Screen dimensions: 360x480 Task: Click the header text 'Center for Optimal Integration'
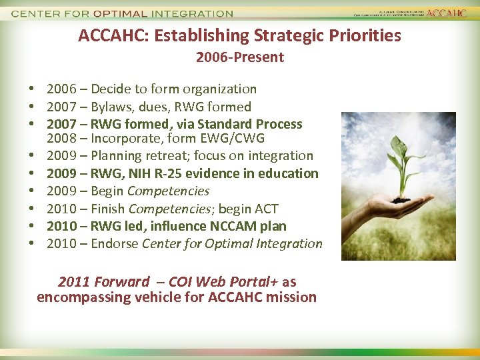tap(123, 13)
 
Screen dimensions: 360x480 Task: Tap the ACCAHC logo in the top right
tap(446, 13)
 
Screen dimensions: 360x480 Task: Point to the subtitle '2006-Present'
tap(240, 57)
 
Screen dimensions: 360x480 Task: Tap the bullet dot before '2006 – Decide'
tap(32, 89)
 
